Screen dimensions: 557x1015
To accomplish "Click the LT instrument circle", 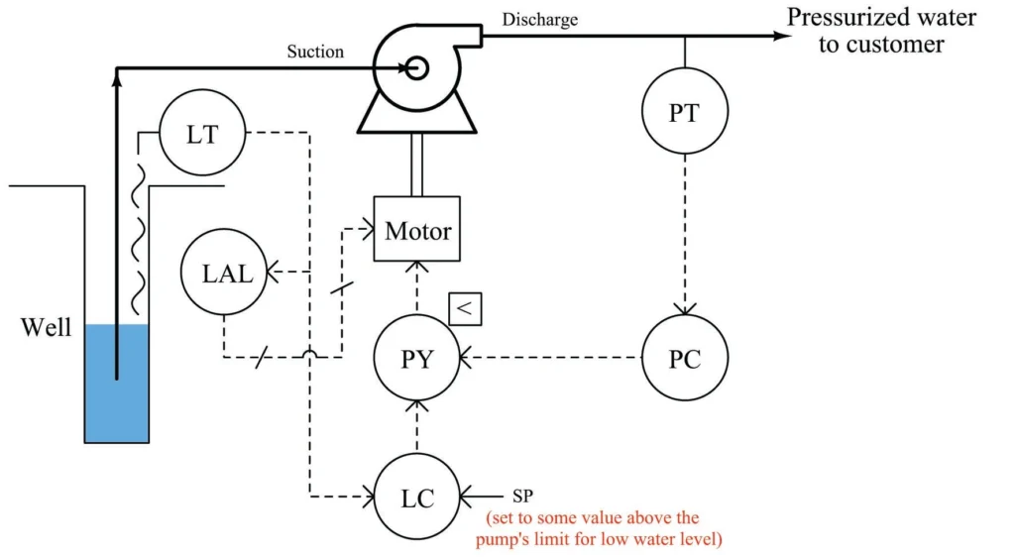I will (x=202, y=133).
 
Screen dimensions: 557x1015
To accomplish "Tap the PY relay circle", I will (x=417, y=358).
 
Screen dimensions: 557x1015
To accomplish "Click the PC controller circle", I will (x=684, y=358).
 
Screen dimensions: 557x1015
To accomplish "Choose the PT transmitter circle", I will (x=684, y=111).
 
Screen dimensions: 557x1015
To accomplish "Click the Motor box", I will (x=417, y=230).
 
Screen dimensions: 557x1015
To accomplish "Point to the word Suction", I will (x=314, y=51).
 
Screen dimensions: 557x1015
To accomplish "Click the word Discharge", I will (x=539, y=19).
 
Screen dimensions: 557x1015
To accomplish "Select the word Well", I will (x=46, y=327).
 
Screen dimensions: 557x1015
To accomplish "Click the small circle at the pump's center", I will (x=416, y=67).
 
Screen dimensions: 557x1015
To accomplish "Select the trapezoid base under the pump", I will (x=417, y=115).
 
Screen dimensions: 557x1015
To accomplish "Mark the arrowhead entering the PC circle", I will (x=684, y=309).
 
